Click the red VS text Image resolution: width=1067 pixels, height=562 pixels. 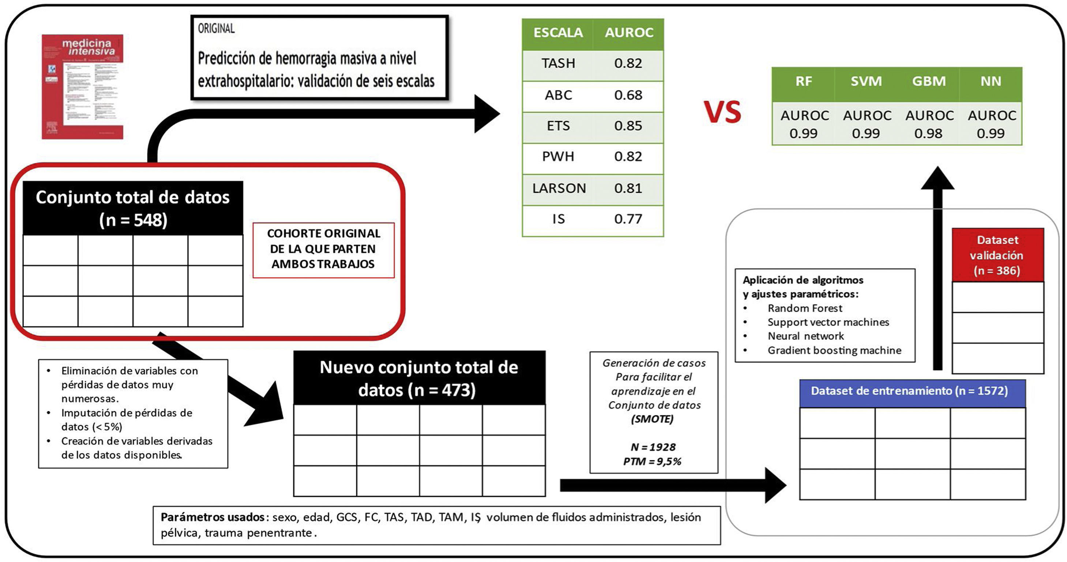pyautogui.click(x=722, y=112)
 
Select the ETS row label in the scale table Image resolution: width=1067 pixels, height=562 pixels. pyautogui.click(x=558, y=126)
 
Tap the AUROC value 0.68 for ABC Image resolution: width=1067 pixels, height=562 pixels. pyautogui.click(x=628, y=95)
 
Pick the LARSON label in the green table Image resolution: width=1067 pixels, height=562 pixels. pyautogui.click(x=559, y=188)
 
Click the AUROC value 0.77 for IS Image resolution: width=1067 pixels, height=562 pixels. pyautogui.click(x=628, y=219)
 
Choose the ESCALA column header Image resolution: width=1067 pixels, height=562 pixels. pyautogui.click(x=558, y=33)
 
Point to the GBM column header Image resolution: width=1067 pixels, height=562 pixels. pyautogui.click(x=929, y=81)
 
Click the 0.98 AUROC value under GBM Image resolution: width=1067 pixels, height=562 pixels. pyautogui.click(x=928, y=133)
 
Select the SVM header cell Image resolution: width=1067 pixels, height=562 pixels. pyautogui.click(x=866, y=81)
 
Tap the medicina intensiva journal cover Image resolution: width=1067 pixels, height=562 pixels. pyautogui.click(x=82, y=87)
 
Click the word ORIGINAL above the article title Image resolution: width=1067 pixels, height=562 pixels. pyautogui.click(x=216, y=29)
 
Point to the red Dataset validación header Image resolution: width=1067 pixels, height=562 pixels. pyautogui.click(x=997, y=255)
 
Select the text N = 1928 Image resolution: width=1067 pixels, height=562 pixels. pyautogui.click(x=653, y=447)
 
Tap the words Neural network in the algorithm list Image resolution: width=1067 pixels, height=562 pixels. pyautogui.click(x=805, y=336)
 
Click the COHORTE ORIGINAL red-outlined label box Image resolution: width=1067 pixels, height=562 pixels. pyautogui.click(x=323, y=249)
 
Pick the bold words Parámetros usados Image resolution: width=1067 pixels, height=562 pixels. pyautogui.click(x=212, y=517)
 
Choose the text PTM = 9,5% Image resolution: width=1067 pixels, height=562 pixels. pyautogui.click(x=652, y=461)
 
